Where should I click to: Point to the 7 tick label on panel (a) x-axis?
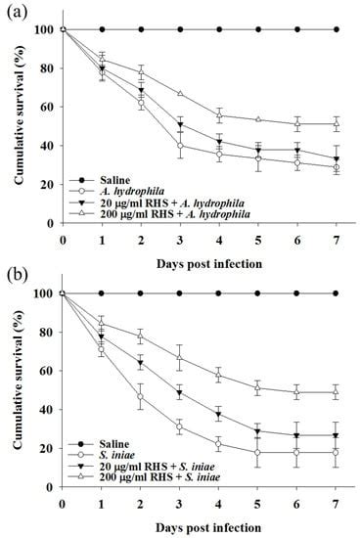[337, 238]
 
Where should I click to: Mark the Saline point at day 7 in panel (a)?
[337, 29]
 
